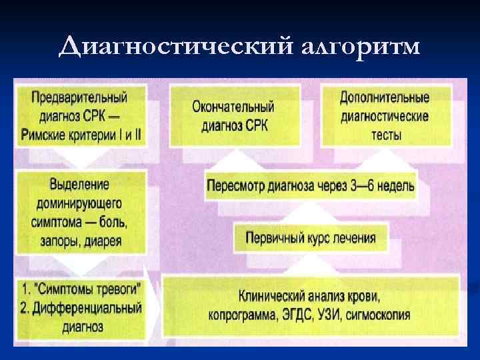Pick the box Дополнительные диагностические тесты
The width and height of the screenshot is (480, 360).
tap(385, 115)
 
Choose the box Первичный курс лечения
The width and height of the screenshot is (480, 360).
tap(310, 237)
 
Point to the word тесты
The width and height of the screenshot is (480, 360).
tap(385, 135)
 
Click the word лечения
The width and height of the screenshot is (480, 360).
tap(351, 237)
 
